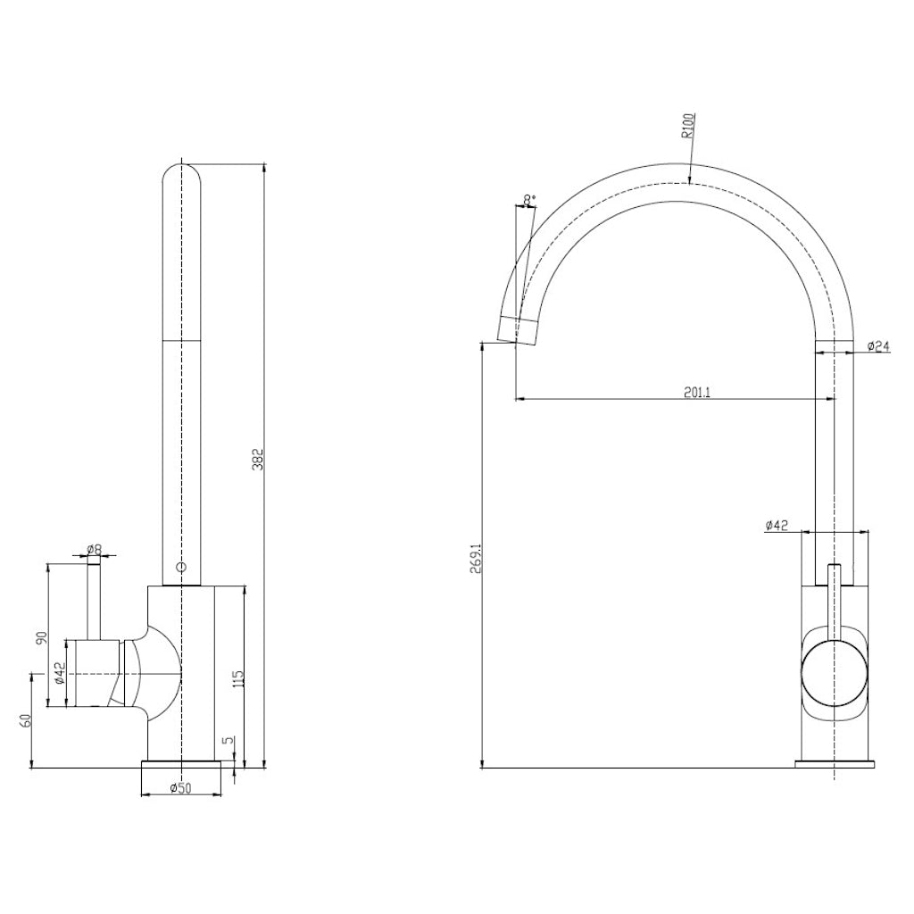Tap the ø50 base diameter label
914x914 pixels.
(181, 788)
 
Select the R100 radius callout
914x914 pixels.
(688, 126)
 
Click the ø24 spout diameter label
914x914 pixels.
(880, 346)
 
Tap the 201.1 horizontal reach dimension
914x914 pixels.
(697, 391)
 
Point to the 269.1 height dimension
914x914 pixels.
(475, 558)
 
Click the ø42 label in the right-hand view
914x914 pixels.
(777, 526)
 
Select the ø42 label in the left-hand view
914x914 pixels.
(58, 674)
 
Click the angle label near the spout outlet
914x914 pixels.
(529, 199)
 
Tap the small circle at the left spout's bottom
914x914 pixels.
(181, 568)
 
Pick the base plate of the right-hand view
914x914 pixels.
(835, 764)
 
